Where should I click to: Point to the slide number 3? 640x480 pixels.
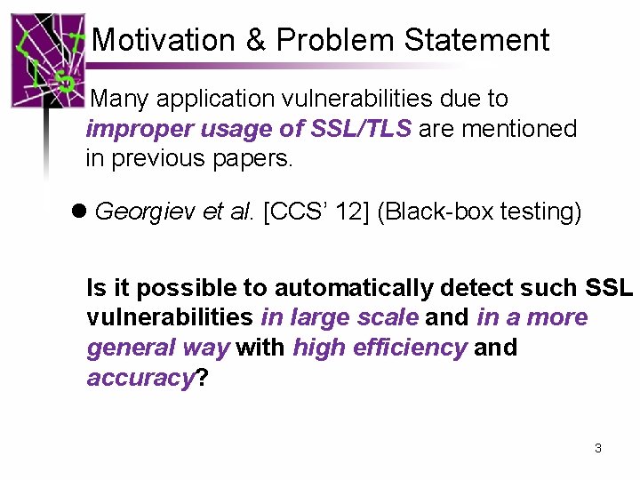597,448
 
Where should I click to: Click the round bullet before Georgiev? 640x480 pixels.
78,212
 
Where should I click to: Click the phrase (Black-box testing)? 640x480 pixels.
480,212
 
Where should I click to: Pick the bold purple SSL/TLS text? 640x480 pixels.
361,129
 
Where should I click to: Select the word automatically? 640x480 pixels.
358,288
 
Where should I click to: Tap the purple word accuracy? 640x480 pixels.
140,378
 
